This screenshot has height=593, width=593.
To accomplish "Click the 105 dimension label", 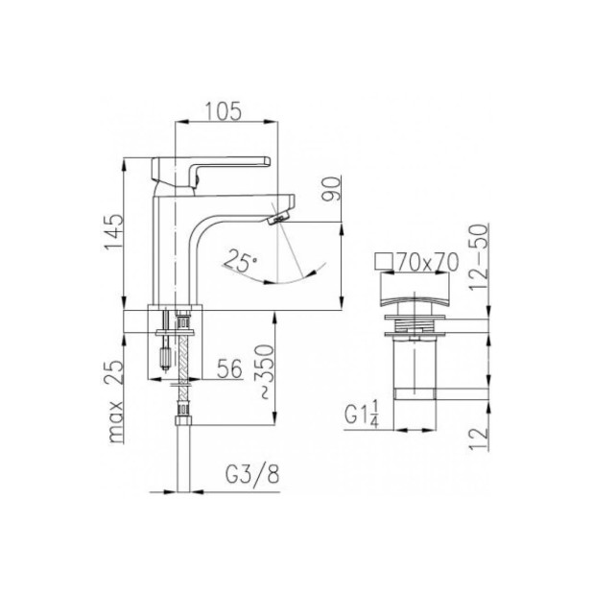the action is [x=224, y=111].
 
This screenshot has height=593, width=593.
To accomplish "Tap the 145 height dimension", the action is [x=114, y=231].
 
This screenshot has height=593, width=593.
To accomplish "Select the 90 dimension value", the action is [x=331, y=189].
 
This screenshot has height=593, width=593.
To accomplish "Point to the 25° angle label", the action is [x=240, y=261].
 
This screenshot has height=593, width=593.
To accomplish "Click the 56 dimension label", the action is [x=229, y=368].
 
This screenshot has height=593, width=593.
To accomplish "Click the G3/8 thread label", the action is [x=252, y=474].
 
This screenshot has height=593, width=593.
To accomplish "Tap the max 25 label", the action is [x=114, y=401].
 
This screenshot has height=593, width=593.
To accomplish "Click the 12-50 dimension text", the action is [x=479, y=257].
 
